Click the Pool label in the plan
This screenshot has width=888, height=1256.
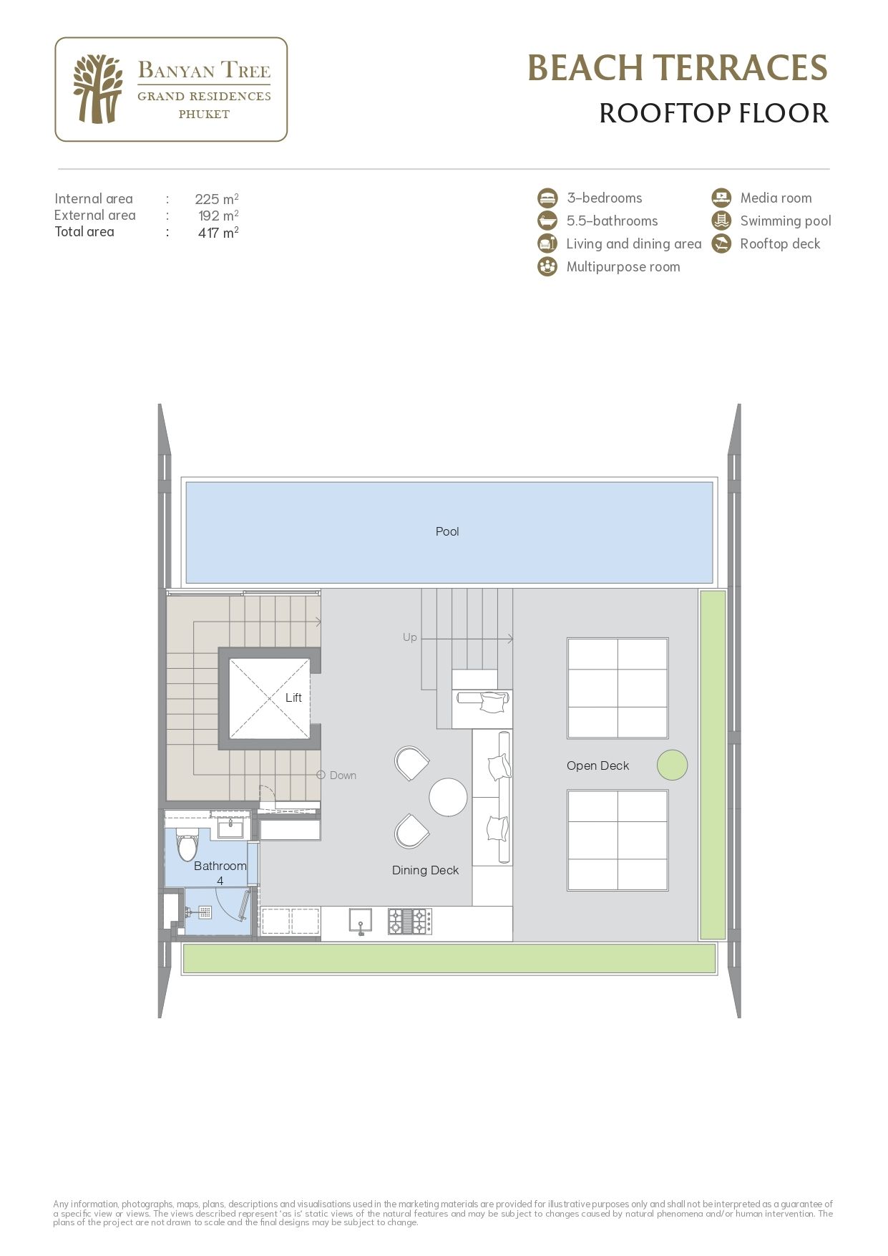click(447, 531)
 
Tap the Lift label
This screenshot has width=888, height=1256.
click(293, 697)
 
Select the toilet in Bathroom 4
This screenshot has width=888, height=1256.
click(187, 846)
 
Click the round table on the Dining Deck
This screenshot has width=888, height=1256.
click(449, 797)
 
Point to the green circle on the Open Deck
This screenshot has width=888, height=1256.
click(672, 765)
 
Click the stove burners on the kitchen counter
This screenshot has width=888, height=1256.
click(410, 921)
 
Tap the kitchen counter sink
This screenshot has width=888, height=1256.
click(360, 921)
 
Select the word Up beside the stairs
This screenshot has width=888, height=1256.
click(409, 637)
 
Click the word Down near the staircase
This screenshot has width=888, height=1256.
click(343, 776)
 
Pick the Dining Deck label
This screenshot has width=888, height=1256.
click(425, 870)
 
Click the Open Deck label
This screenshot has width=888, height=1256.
click(597, 765)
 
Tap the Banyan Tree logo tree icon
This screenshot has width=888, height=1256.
click(97, 90)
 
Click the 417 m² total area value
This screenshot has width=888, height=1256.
click(218, 233)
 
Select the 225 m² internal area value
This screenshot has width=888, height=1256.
click(216, 199)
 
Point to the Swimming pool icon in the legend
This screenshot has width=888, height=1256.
click(721, 221)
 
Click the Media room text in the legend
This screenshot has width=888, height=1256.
click(776, 198)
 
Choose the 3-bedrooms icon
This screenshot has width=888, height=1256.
click(547, 198)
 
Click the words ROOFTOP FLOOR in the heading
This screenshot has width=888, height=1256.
click(713, 113)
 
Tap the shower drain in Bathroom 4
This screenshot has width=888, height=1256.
click(205, 912)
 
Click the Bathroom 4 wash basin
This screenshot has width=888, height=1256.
click(230, 829)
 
